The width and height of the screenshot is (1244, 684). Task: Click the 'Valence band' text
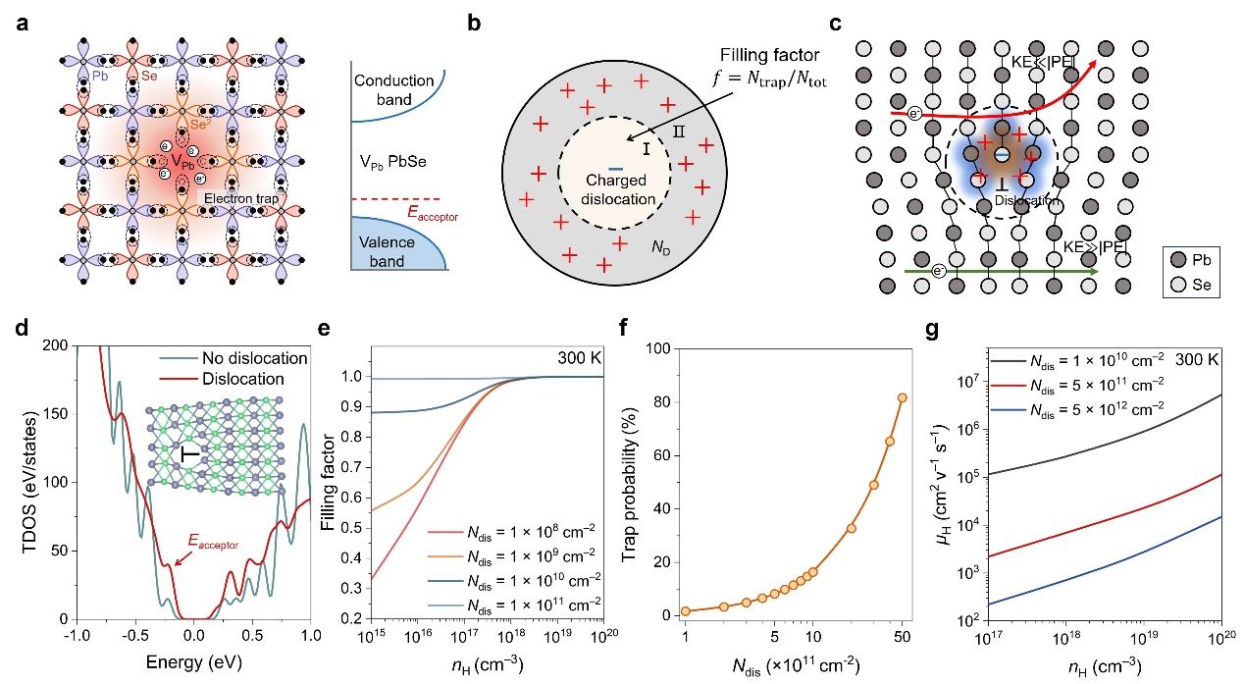(385, 251)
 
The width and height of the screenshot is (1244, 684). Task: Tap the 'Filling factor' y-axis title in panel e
(333, 482)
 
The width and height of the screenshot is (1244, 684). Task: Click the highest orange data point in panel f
(902, 397)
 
